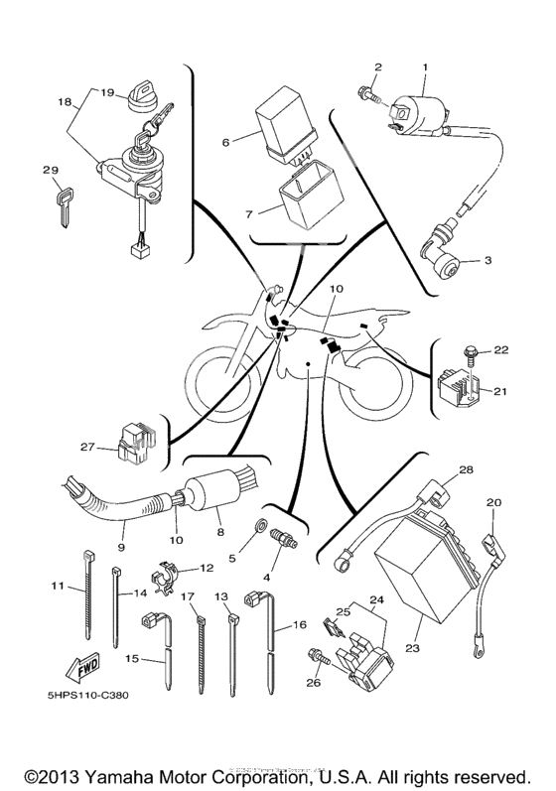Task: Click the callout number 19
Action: (107, 88)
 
